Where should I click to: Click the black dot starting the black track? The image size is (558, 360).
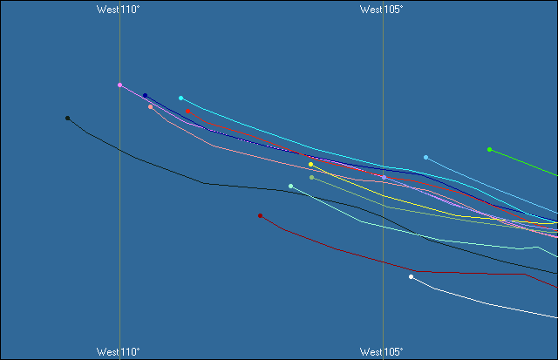click(x=67, y=118)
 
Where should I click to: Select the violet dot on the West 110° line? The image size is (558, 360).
click(x=119, y=85)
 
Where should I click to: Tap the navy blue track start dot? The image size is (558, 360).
click(x=145, y=96)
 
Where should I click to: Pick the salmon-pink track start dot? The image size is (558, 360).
click(x=150, y=107)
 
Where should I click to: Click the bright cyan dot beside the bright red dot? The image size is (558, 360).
click(x=180, y=98)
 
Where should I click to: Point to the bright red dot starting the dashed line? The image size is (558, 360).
click(x=187, y=111)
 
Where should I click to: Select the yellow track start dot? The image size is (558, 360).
click(x=310, y=164)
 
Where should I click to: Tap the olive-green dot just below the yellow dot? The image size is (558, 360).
click(x=311, y=177)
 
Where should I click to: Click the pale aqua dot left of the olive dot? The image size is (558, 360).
click(x=290, y=186)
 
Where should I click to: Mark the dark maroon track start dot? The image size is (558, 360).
click(x=260, y=215)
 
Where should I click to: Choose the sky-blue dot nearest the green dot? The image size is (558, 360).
click(x=425, y=157)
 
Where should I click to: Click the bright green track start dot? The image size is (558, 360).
click(x=489, y=149)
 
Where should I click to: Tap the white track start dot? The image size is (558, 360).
click(x=411, y=276)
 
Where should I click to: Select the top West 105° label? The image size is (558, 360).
click(x=381, y=10)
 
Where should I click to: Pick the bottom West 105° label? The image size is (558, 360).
click(x=381, y=351)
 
